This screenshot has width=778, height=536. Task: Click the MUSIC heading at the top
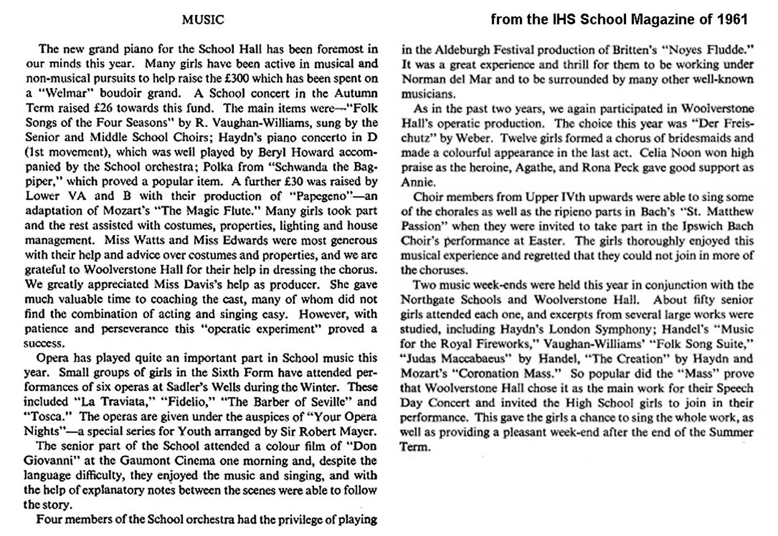pos(204,20)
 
